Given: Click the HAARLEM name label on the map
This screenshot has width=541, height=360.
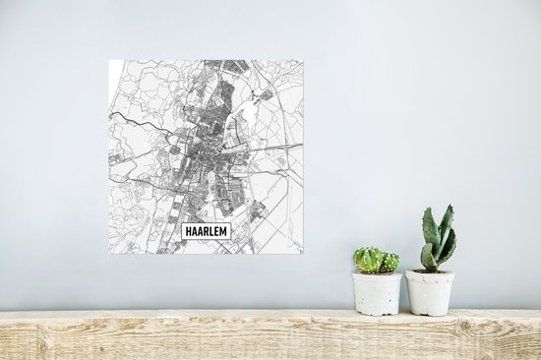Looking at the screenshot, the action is (206, 231).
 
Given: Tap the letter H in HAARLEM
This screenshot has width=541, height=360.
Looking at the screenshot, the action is (188, 231).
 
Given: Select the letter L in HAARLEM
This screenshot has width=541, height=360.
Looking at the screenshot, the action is (210, 231).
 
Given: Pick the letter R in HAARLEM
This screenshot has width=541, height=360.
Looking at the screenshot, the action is (205, 231).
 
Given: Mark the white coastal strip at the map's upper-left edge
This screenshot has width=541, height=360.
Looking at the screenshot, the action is (113, 72).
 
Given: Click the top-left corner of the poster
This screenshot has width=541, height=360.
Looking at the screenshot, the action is (109, 60).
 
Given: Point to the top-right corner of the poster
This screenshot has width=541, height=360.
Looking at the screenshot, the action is (303, 60).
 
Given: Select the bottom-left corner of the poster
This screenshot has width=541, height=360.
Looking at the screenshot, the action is (109, 253).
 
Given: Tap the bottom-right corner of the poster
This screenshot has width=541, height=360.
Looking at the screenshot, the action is (303, 253).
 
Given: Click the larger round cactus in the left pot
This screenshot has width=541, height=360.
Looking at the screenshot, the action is (369, 260).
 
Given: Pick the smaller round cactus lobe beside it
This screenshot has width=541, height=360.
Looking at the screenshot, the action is (391, 263).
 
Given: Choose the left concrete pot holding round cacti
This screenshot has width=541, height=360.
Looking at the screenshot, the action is (377, 293).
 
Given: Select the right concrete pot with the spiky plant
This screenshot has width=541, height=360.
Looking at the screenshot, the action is (430, 293).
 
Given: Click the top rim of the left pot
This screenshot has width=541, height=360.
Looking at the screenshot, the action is (377, 274).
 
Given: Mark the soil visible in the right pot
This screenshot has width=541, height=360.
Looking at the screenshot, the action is (430, 270).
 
